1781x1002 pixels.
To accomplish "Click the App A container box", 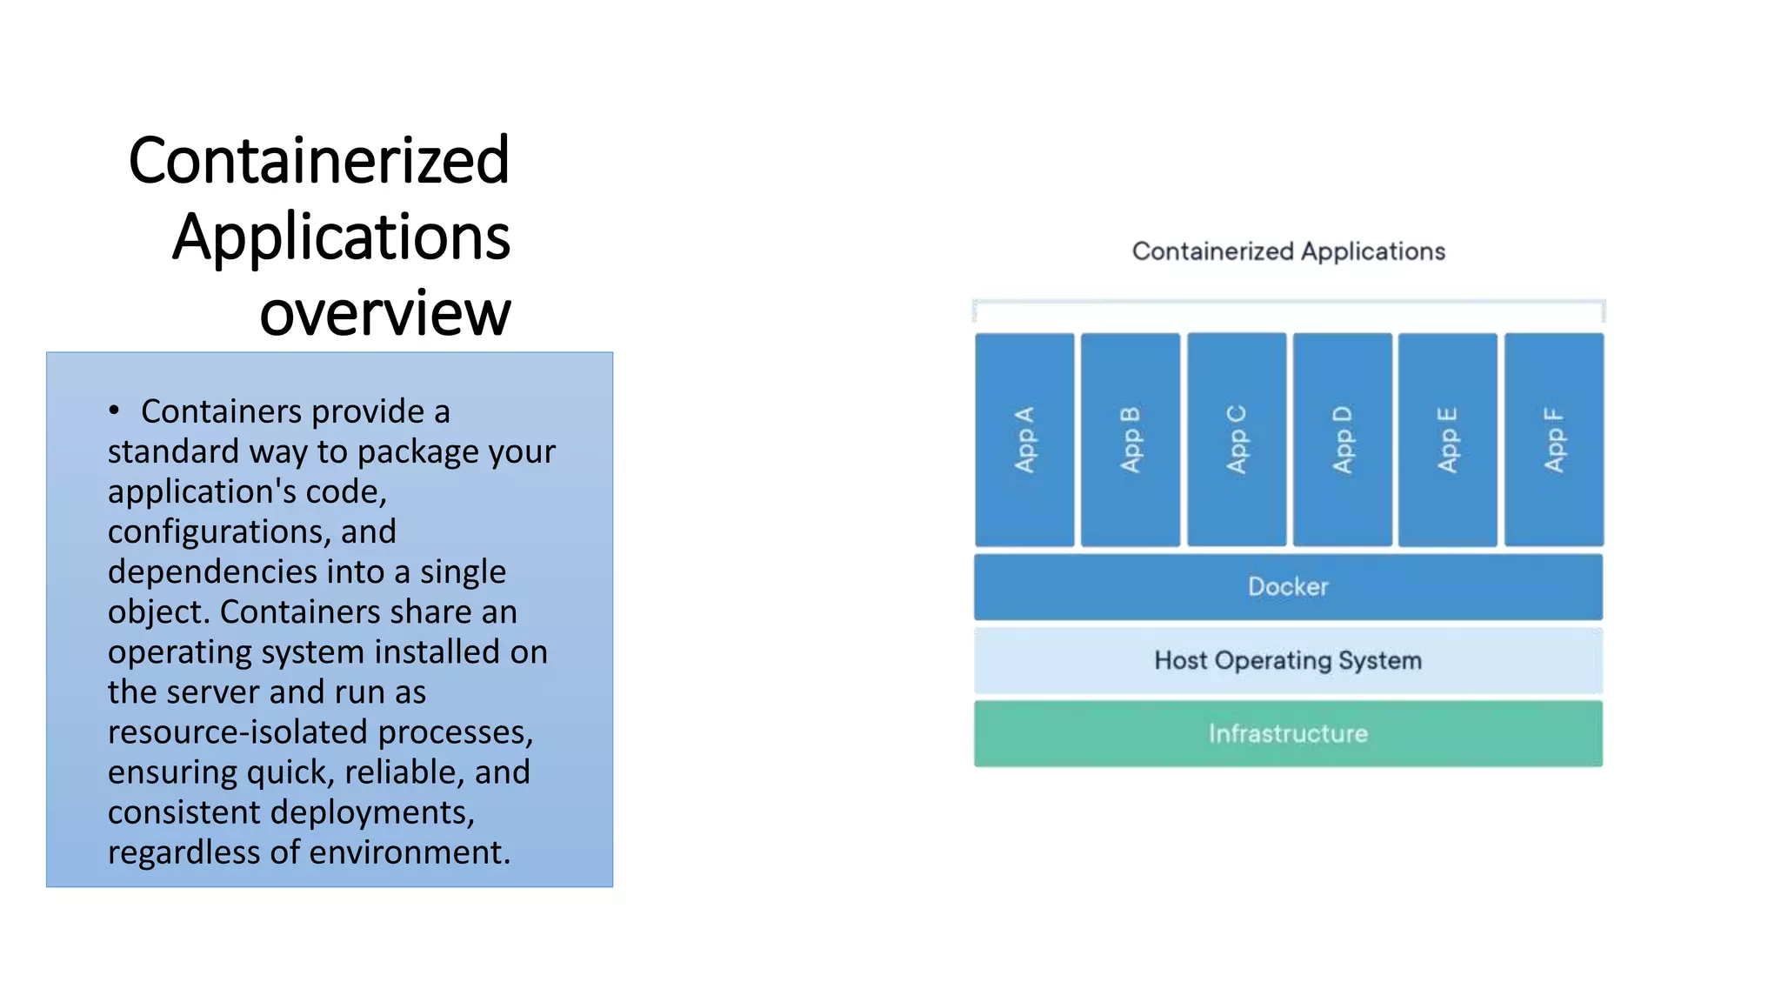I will point(1024,439).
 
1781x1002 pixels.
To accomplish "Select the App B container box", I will point(1131,439).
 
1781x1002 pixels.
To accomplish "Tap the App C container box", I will point(1237,439).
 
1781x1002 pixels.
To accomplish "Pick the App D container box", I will point(1343,439).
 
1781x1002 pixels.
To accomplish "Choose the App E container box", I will point(1448,439).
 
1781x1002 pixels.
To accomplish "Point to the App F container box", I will point(1554,439).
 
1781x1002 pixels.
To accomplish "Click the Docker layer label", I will point(1288,587).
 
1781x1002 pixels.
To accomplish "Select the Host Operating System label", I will point(1288,661).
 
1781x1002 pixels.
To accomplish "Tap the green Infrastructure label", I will point(1288,734).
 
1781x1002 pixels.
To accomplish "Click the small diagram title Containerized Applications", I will point(1288,251).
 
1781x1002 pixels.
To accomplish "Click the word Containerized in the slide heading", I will point(319,161).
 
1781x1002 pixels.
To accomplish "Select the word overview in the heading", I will point(385,313).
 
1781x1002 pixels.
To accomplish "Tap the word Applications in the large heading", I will point(341,237).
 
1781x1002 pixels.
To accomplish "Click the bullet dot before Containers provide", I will point(114,411).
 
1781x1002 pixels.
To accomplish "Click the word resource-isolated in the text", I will point(238,732).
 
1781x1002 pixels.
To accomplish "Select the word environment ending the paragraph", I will point(409,852).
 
